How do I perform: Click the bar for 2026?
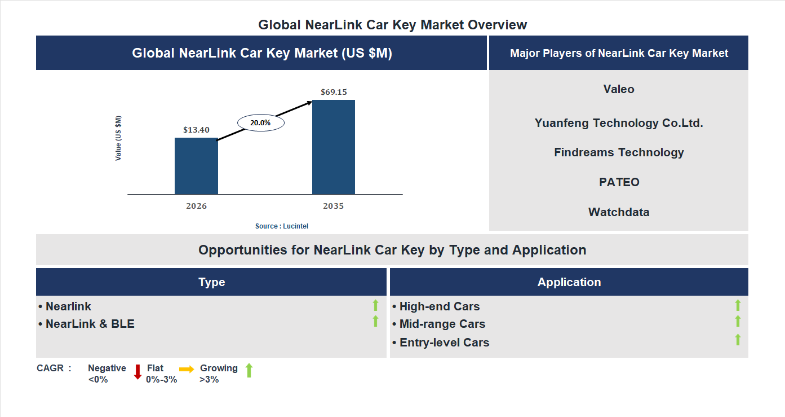click(196, 166)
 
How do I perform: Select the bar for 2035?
click(334, 147)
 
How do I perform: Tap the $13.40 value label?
click(196, 130)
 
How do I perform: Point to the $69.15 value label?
click(334, 92)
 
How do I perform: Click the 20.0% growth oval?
click(260, 122)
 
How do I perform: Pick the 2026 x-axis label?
click(196, 206)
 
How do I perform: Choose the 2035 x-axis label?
click(334, 206)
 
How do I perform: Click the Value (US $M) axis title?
click(118, 138)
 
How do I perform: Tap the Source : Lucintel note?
click(282, 226)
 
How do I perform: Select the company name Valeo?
click(619, 89)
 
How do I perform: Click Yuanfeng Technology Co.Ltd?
click(619, 123)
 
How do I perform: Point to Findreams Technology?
click(619, 152)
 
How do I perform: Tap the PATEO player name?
click(619, 182)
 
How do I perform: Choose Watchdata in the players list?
click(619, 212)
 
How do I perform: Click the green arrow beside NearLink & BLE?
click(375, 322)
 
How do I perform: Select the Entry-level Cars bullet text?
click(444, 343)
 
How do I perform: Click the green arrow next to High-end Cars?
click(738, 305)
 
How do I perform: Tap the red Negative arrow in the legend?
click(138, 372)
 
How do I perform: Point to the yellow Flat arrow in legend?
click(187, 369)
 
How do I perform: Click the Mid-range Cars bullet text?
click(442, 324)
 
